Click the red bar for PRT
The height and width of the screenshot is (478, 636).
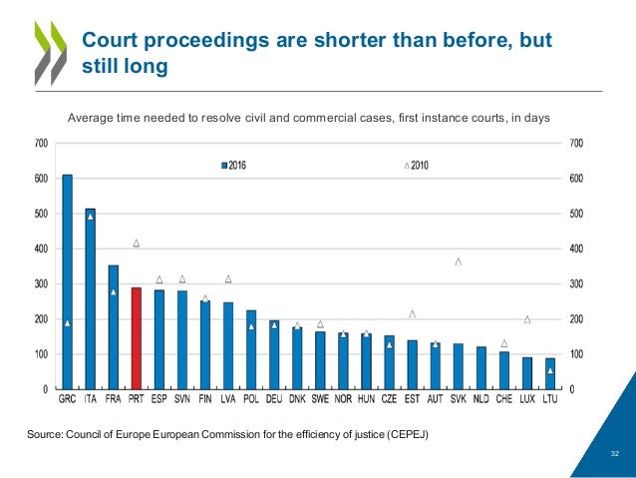(x=136, y=338)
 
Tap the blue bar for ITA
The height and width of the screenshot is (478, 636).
(x=90, y=299)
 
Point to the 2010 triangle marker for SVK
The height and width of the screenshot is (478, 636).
(x=459, y=261)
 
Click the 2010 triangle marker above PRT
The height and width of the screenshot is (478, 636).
(x=136, y=242)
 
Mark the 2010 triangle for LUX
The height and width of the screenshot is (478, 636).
(x=527, y=319)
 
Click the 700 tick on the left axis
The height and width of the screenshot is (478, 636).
(x=40, y=144)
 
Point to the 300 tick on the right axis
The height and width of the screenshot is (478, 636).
(x=578, y=284)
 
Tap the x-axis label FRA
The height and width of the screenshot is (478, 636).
(x=113, y=399)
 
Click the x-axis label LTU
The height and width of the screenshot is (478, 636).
(x=550, y=399)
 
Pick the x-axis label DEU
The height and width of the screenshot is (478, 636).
(x=274, y=399)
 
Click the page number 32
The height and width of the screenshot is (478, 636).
(x=615, y=453)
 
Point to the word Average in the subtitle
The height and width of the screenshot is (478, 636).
(x=91, y=118)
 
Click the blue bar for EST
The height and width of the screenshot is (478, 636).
(x=412, y=364)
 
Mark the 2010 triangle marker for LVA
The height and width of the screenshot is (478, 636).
(x=228, y=278)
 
